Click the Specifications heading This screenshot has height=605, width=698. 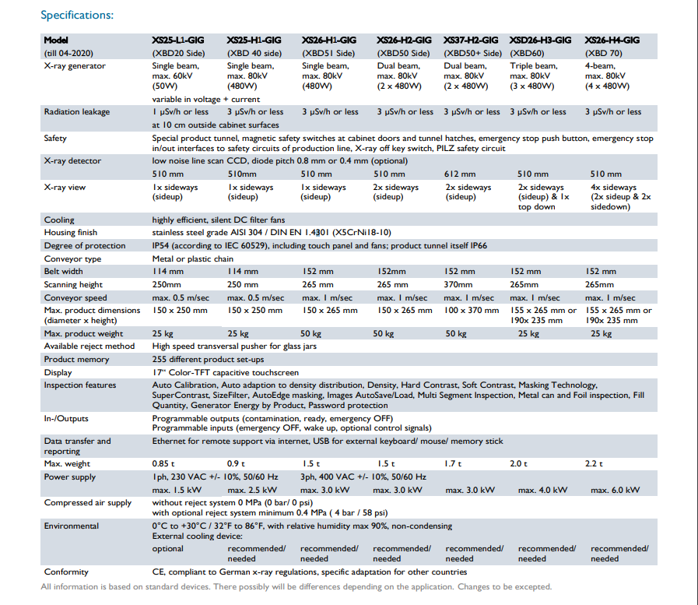(x=77, y=15)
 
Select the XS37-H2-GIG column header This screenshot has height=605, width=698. (x=471, y=40)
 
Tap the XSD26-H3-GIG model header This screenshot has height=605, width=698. (x=540, y=40)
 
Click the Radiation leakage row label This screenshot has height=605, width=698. (x=76, y=112)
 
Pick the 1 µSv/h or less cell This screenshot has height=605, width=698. (x=181, y=112)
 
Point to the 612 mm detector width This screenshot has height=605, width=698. (x=460, y=174)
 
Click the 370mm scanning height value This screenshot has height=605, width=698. (x=458, y=284)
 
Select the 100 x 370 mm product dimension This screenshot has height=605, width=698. (x=472, y=310)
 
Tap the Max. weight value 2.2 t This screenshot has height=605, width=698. (x=594, y=464)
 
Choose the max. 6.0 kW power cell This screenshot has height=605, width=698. (x=616, y=490)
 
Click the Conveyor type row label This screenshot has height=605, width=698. (x=72, y=259)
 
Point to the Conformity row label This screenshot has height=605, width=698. (x=66, y=572)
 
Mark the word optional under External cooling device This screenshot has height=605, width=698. (x=168, y=549)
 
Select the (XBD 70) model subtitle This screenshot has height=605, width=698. (x=603, y=54)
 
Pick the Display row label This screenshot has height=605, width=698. (x=58, y=372)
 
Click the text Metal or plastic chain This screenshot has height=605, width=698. (x=193, y=259)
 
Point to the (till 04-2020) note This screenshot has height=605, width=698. (x=68, y=54)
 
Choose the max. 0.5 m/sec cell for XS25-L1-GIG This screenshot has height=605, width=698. (x=181, y=297)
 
